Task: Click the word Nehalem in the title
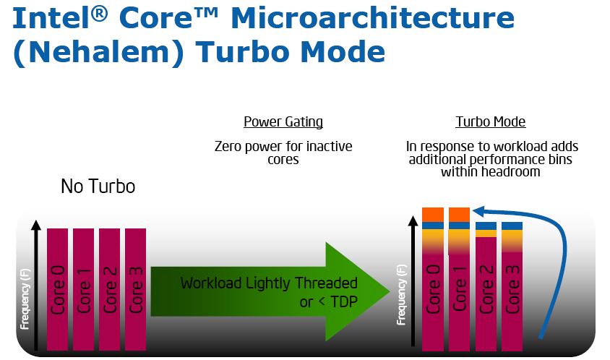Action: tap(98, 52)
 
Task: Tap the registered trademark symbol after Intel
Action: tap(99, 14)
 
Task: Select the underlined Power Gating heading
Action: tap(283, 122)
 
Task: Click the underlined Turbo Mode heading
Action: tap(491, 122)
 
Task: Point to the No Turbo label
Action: tap(98, 186)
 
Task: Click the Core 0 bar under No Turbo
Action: tap(57, 289)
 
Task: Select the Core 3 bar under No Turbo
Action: tap(135, 289)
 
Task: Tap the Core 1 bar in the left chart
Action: tap(83, 289)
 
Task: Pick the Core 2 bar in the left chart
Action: tap(109, 289)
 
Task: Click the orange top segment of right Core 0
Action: tap(433, 215)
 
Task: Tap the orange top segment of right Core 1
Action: tap(459, 215)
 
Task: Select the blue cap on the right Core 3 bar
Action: tap(512, 226)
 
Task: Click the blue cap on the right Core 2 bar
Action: tap(486, 226)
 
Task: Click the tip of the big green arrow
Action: tap(390, 291)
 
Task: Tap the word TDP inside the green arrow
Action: tap(343, 301)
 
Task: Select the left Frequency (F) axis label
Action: tap(25, 299)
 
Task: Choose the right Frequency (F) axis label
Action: tap(401, 295)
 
